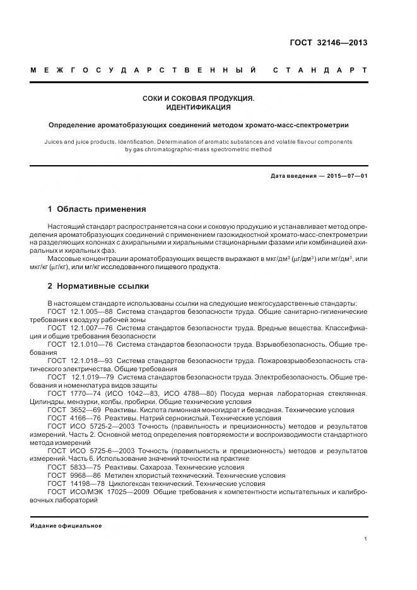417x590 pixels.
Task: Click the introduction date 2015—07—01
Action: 346,176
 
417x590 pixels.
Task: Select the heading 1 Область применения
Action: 97,209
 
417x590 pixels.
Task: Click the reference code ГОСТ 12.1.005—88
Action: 80,311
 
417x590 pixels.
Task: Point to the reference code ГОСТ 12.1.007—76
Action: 80,328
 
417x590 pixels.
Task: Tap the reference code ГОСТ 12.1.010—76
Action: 80,344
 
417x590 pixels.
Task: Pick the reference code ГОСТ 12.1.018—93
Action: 80,361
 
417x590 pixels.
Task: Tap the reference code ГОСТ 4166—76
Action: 73,418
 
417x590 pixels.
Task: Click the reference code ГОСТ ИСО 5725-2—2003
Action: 91,426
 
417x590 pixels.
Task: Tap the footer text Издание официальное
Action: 66,526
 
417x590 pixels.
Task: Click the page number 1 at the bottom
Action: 365,539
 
